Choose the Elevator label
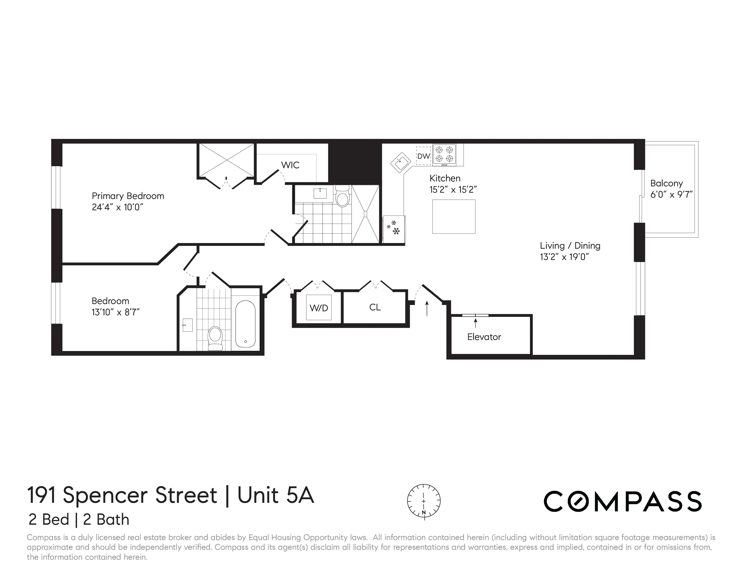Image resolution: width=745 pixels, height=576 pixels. point(484,337)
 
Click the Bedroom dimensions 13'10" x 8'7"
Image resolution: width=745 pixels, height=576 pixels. point(116,312)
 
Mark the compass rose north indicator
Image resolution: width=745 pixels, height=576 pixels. point(424,512)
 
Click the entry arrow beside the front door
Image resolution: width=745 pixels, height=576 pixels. point(427,308)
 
